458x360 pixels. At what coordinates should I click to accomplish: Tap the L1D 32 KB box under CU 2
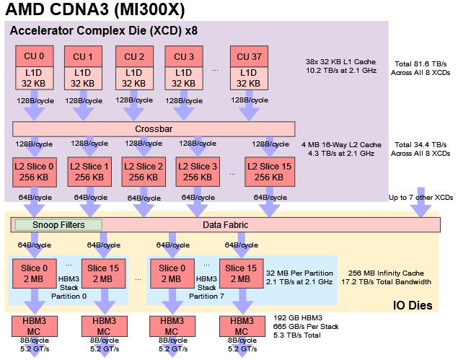(x=134, y=78)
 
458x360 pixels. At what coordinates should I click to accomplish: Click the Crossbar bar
(x=154, y=128)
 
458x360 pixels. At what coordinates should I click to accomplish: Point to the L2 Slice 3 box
(x=195, y=172)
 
